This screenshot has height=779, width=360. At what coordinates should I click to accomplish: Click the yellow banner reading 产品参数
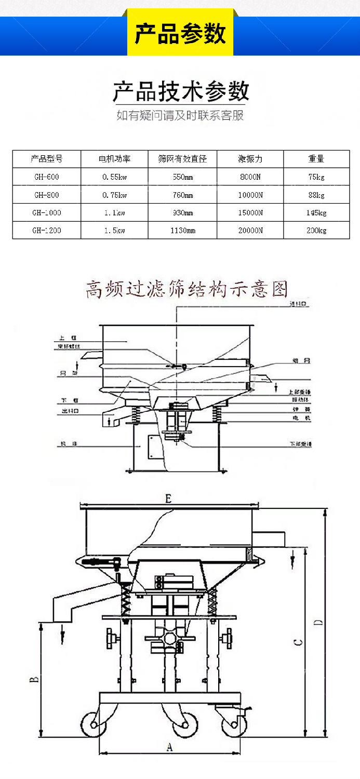pos(180,34)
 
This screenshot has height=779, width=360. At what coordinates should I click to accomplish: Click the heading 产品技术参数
pos(180,92)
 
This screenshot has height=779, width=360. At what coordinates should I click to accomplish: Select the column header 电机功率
pos(114,159)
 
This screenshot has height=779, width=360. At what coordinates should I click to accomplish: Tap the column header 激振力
pos(250,159)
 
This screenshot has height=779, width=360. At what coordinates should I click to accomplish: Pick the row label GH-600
pos(47,177)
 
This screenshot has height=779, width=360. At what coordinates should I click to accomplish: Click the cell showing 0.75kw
pos(114,195)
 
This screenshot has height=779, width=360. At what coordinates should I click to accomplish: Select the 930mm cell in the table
pos(182,213)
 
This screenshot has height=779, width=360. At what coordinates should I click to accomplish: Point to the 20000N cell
pos(250,231)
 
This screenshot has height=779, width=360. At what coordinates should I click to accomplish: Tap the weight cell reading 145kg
pos(316,213)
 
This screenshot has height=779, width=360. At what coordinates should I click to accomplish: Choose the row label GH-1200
pos(47,231)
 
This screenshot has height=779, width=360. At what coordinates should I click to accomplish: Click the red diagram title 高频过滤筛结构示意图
pos(186,289)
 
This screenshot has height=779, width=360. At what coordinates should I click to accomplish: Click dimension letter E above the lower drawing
pos(168,500)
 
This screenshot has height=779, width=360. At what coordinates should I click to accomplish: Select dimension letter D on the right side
pos(321,622)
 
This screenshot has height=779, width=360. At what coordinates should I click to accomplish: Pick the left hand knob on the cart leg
pos(110,636)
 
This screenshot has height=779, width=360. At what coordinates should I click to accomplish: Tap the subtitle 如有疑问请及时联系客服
pos(180,115)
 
